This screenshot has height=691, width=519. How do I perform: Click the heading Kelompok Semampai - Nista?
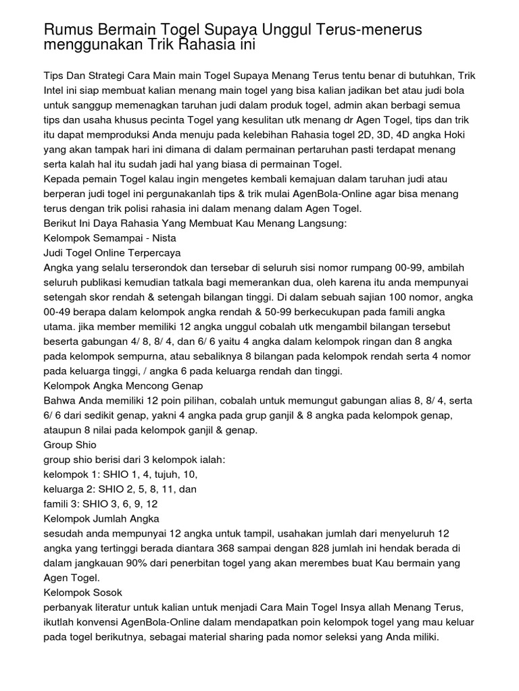coord(109,238)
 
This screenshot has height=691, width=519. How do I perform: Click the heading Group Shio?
coord(70,445)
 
